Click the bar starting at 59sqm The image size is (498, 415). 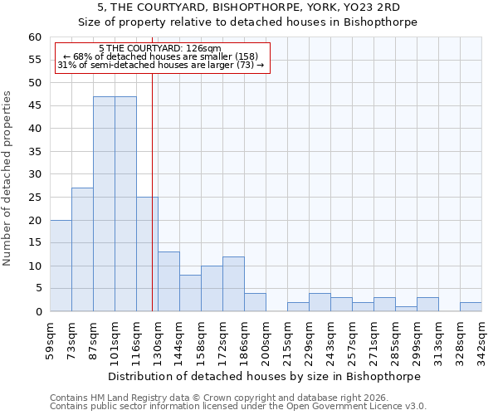point(61,266)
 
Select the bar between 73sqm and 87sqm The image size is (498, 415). point(82,249)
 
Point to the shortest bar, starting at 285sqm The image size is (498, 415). point(406,309)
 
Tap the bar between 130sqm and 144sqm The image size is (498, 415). point(168,281)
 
